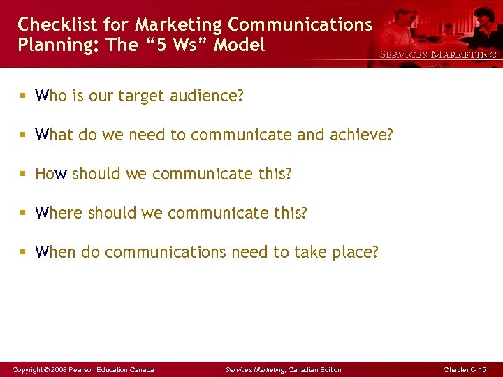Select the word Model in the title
coord(240,45)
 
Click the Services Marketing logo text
coord(438,54)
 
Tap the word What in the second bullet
coord(54,135)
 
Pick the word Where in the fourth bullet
coord(59,213)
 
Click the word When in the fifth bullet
coord(55,252)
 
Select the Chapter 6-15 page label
coord(465,369)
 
